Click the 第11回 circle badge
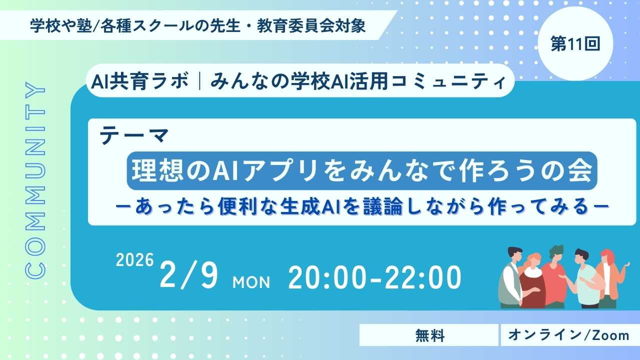[x=575, y=43]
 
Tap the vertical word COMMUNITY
[x=35, y=180]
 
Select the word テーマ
[x=134, y=136]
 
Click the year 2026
[x=135, y=260]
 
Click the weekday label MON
[x=251, y=282]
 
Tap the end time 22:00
[x=423, y=277]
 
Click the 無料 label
[x=429, y=335]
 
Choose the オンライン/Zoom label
[x=569, y=335]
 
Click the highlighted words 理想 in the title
[x=157, y=171]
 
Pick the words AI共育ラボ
[x=139, y=81]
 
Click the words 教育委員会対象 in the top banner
[x=311, y=26]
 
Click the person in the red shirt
[x=555, y=277]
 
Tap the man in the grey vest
[x=512, y=277]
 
